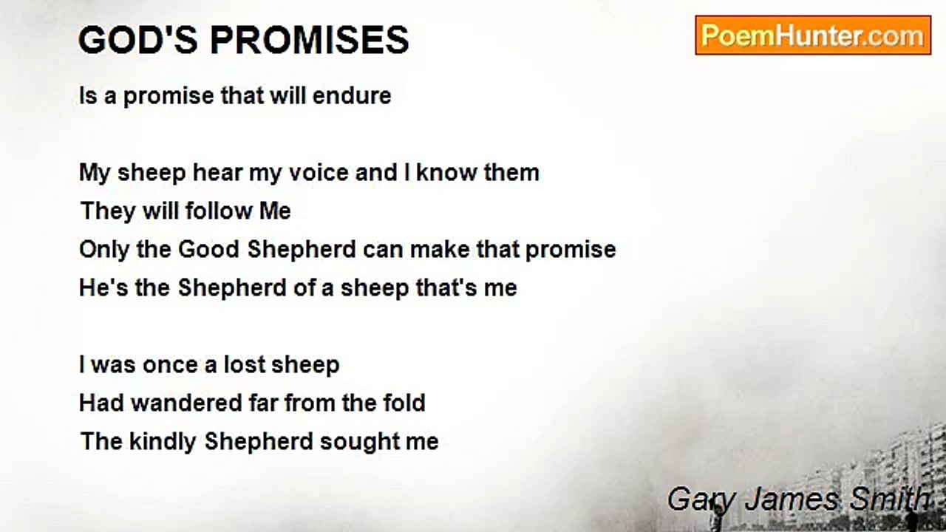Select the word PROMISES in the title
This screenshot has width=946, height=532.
coord(310,40)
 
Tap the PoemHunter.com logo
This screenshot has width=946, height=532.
coord(812,35)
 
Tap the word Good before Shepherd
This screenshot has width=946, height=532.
coord(209,249)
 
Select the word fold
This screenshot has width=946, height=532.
coord(406,403)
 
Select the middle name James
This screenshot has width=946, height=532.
coord(790,499)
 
